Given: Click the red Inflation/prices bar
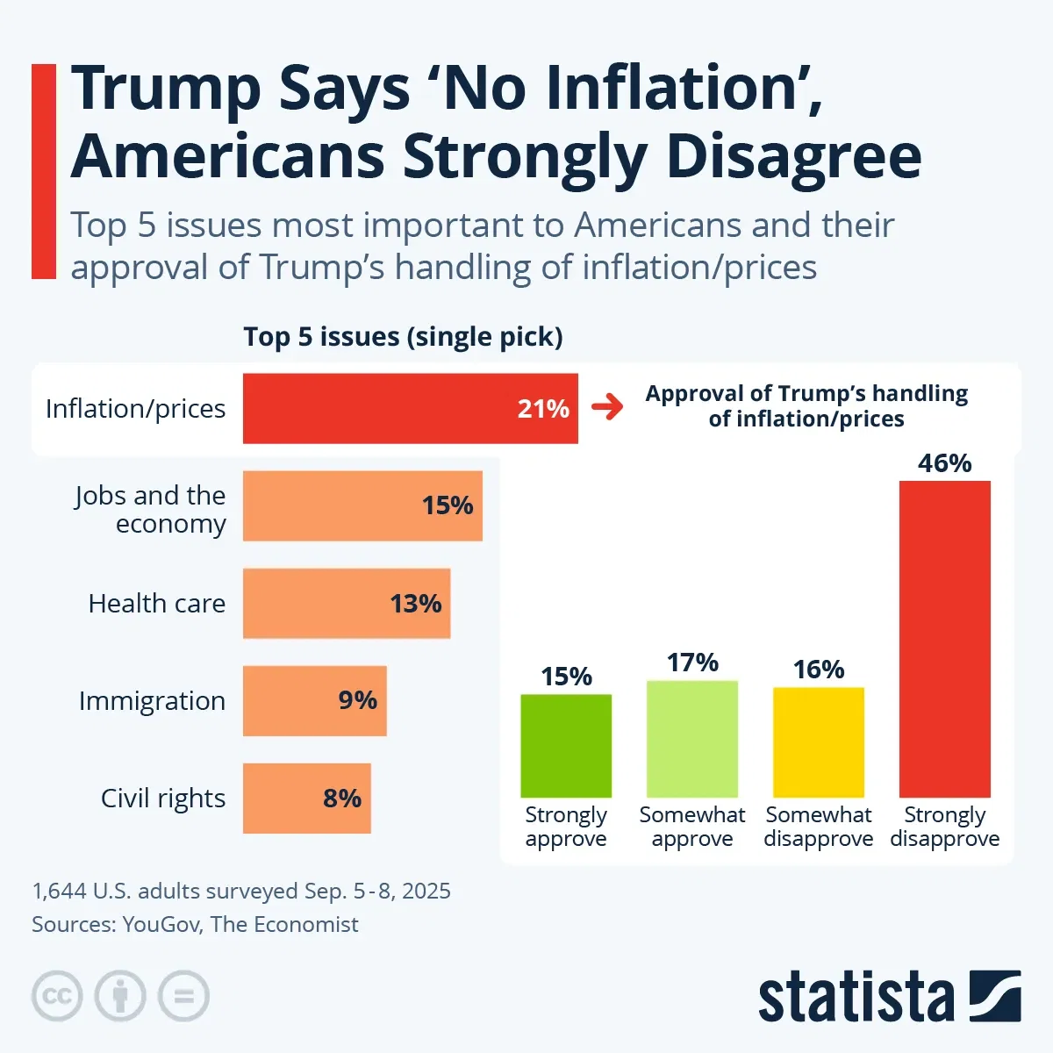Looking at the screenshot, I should pyautogui.click(x=410, y=408).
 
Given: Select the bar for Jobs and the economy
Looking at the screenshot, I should pyautogui.click(x=362, y=505).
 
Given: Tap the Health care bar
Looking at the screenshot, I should pyautogui.click(x=347, y=603).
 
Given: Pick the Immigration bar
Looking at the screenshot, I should pyautogui.click(x=314, y=700).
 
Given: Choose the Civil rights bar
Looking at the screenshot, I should pyautogui.click(x=306, y=798).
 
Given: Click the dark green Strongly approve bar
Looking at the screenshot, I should pyautogui.click(x=566, y=745).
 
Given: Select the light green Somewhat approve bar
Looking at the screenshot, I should pyautogui.click(x=692, y=738).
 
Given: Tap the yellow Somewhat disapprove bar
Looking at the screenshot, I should pyautogui.click(x=819, y=741).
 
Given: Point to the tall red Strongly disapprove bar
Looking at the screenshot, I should pyautogui.click(x=945, y=638).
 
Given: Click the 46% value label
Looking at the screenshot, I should pyautogui.click(x=945, y=462).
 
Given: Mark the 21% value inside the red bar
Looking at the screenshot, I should pyautogui.click(x=543, y=408).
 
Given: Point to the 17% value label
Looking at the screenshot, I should pyautogui.click(x=692, y=663).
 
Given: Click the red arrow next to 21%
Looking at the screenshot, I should pyautogui.click(x=607, y=407).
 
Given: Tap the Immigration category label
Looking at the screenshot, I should pyautogui.click(x=152, y=701).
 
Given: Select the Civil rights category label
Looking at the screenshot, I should pyautogui.click(x=163, y=799).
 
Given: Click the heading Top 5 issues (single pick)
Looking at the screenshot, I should pyautogui.click(x=403, y=337).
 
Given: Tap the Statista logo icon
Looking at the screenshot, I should pyautogui.click(x=995, y=996).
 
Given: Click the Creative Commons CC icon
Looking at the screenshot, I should pyautogui.click(x=57, y=996).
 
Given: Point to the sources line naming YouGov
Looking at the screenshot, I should pyautogui.click(x=195, y=924).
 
